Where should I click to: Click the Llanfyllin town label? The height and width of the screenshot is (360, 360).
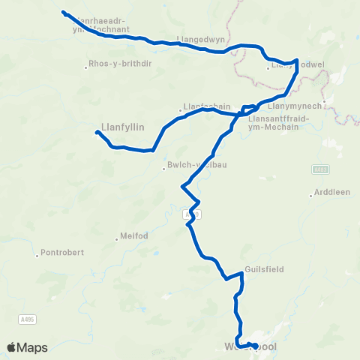click(122, 127)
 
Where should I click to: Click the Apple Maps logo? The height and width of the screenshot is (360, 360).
click(27, 347)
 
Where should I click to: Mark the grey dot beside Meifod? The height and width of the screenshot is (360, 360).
click(117, 239)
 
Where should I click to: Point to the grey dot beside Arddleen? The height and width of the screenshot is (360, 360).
click(310, 196)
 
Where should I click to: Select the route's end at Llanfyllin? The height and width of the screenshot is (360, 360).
click(97, 133)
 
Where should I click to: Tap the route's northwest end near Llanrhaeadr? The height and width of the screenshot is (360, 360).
click(63, 12)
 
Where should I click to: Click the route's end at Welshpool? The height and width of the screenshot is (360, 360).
click(256, 346)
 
